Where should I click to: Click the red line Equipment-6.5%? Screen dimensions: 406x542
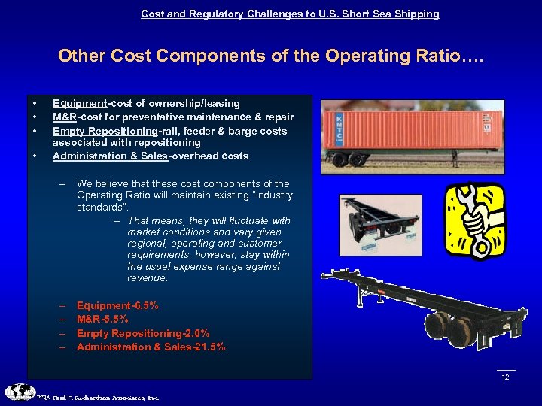[117, 306]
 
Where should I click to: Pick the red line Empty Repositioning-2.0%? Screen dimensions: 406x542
[143, 333]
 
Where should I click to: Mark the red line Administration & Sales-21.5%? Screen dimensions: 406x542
[151, 347]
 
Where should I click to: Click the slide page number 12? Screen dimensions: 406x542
[505, 377]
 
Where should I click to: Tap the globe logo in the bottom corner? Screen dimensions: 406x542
[19, 392]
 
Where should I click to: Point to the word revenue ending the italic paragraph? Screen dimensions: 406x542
[148, 278]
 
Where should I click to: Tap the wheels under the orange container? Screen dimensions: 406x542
[346, 159]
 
